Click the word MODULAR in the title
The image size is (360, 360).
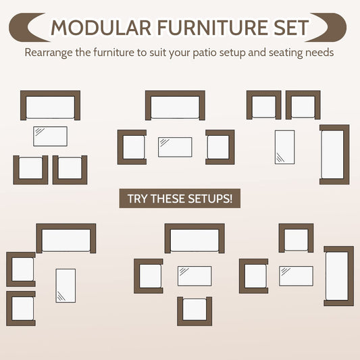(101, 28)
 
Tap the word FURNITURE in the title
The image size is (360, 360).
(213, 28)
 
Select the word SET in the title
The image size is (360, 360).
(291, 28)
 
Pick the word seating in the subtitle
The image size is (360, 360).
(286, 53)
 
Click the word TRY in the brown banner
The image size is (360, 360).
(138, 199)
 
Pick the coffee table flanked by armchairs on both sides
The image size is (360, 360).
(175, 147)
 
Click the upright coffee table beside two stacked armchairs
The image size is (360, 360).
(66, 286)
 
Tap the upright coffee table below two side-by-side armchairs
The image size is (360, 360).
(285, 147)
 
